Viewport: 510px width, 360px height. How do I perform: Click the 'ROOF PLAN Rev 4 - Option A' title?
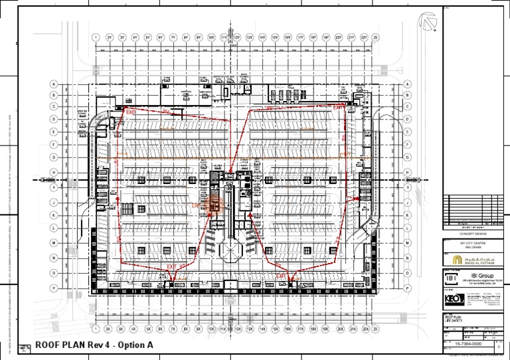tap(94, 345)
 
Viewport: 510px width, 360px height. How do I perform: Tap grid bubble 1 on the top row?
tap(96, 38)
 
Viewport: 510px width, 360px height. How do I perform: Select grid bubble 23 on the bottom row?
tap(375, 328)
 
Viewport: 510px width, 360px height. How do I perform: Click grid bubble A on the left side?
tap(53, 84)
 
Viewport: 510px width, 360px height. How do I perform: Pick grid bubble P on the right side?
tap(407, 289)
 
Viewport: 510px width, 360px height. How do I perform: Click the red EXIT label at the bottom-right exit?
tap(282, 274)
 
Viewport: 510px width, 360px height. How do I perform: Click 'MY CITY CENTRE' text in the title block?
tap(469, 245)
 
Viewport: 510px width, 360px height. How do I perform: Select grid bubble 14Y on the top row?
tap(262, 38)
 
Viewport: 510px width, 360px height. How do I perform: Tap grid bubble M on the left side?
tap(53, 244)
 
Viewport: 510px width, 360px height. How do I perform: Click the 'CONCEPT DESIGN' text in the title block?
tap(469, 233)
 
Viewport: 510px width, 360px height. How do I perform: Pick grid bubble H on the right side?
tap(407, 172)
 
